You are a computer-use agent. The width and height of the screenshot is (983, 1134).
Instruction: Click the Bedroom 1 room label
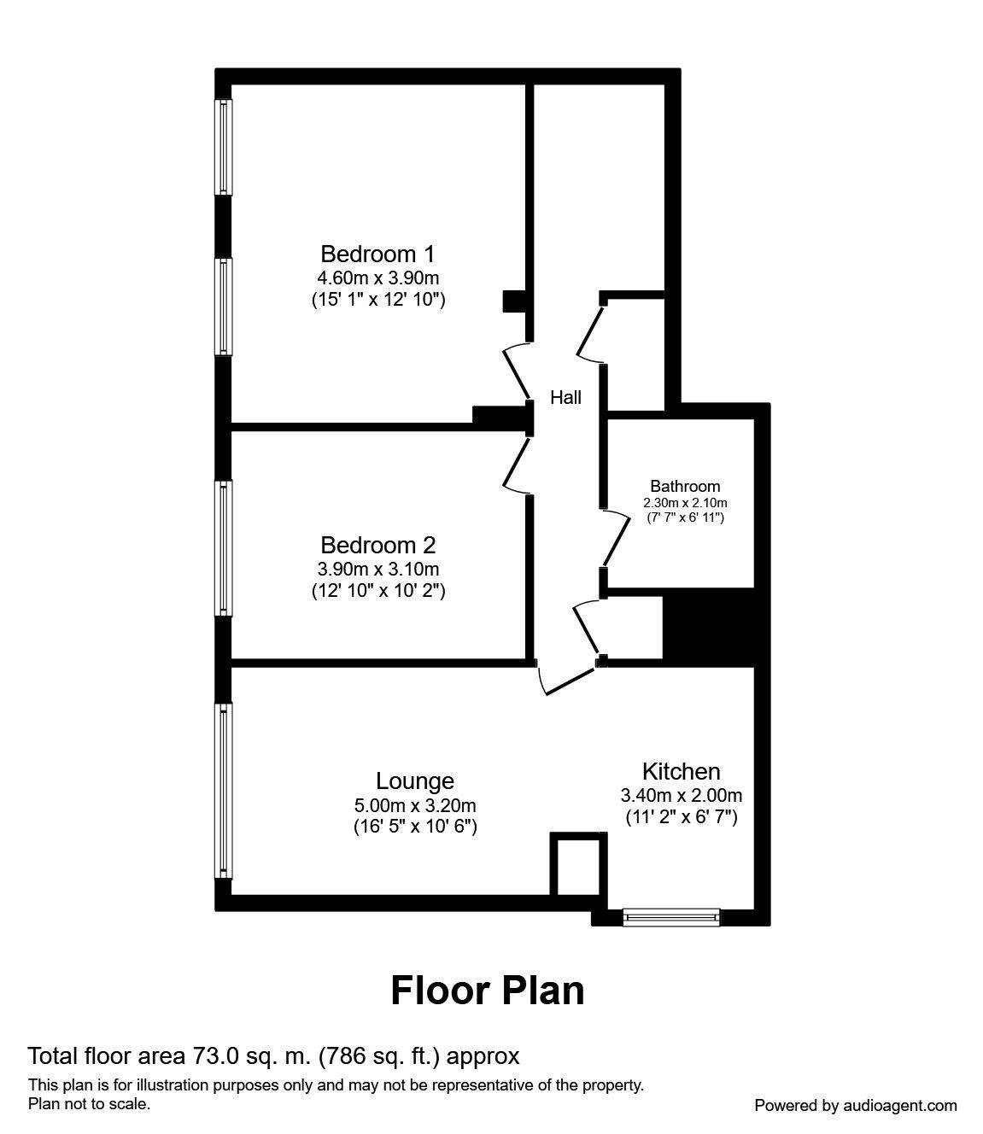[377, 254]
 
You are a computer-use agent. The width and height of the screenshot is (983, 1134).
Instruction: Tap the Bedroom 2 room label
[377, 545]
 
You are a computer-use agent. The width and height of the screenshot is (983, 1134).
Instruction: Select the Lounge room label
[414, 780]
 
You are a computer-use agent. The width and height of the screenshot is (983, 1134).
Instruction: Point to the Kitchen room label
[681, 771]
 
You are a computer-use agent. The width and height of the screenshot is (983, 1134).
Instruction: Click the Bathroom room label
[685, 487]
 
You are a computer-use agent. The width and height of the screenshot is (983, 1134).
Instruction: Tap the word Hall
[565, 397]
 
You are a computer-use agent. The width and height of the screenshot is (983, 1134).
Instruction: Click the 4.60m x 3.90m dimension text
[377, 278]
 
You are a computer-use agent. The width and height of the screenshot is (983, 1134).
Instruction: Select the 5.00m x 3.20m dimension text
[414, 804]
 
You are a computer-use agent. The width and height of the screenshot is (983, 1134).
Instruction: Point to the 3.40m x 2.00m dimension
[681, 795]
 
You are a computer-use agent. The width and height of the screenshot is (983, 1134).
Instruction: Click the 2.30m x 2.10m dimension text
[685, 503]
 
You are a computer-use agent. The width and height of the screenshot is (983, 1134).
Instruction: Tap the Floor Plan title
[488, 991]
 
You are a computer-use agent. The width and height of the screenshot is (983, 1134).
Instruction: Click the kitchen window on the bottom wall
[670, 917]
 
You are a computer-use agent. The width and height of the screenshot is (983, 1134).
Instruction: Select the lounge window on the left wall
[223, 791]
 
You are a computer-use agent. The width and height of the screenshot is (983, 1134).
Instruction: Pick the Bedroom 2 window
[223, 547]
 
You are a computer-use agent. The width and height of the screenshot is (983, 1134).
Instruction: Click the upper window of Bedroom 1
[223, 147]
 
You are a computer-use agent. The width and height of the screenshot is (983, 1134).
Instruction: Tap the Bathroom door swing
[615, 538]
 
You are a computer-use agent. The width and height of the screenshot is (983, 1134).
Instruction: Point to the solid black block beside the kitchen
[708, 627]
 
